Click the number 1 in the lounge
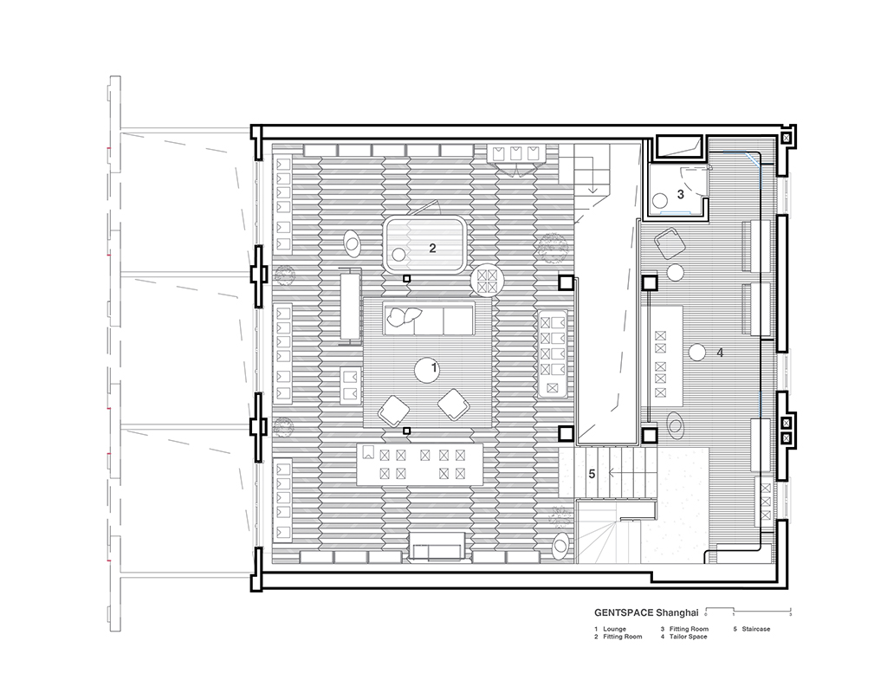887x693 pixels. (x=435, y=368)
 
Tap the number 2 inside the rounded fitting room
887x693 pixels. (x=433, y=248)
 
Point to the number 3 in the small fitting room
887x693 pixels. (x=681, y=195)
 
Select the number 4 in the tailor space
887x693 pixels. (x=720, y=353)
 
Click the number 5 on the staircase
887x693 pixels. (x=592, y=474)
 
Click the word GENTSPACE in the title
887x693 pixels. (x=624, y=612)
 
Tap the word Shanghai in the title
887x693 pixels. (x=677, y=612)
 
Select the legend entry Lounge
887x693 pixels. (x=614, y=629)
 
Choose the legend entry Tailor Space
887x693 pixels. (x=688, y=637)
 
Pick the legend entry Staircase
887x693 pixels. (x=756, y=629)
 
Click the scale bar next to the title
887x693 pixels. (x=748, y=610)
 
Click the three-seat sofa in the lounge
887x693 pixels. (x=429, y=319)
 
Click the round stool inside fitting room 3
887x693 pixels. (x=659, y=201)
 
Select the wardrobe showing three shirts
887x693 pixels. (x=515, y=153)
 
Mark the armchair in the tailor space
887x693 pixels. (x=670, y=244)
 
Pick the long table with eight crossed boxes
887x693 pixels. (x=421, y=464)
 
